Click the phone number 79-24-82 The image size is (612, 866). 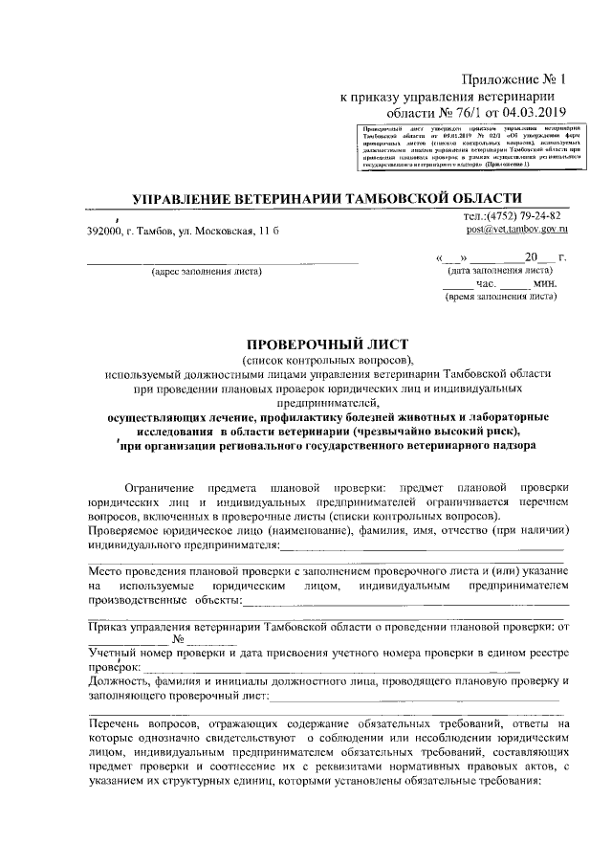pos(537,215)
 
